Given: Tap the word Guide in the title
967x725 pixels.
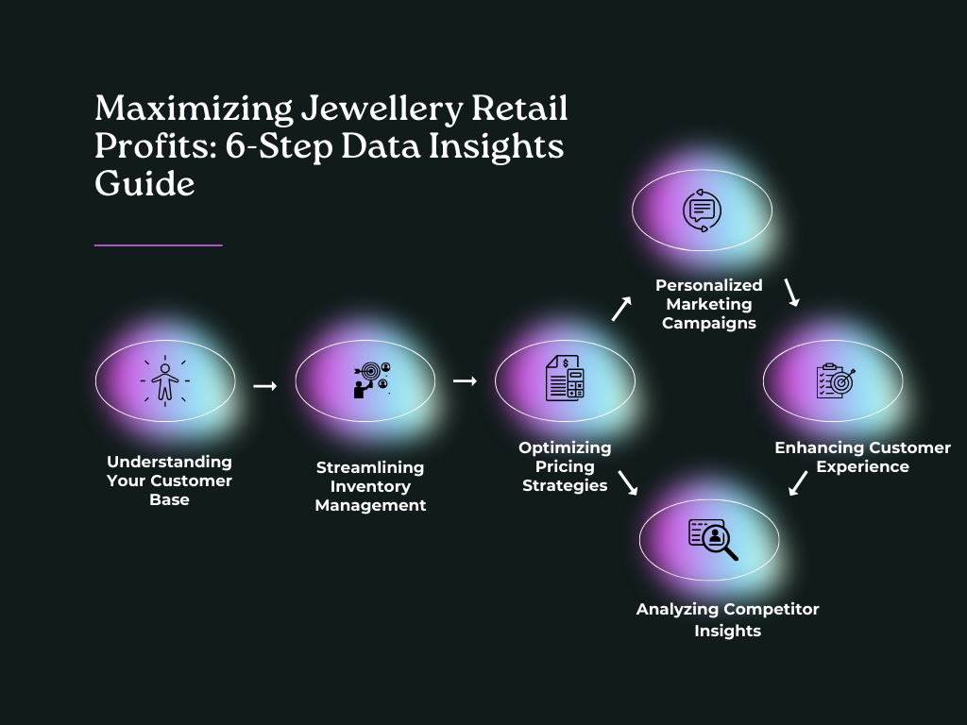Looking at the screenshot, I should tap(144, 183).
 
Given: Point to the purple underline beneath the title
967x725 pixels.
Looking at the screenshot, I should tap(159, 245).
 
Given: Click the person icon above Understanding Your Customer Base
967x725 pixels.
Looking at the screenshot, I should tap(165, 380).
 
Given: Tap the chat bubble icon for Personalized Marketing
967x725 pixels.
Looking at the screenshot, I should tap(702, 210).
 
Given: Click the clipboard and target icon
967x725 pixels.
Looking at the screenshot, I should tap(834, 380).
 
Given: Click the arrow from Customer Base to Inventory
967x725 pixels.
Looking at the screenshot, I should tap(265, 385).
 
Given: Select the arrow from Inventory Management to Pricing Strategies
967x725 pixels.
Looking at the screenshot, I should tap(465, 380).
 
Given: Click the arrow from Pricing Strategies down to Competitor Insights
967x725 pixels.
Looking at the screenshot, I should tap(627, 482).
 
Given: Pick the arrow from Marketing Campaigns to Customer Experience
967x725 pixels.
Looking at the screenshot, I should tap(791, 292).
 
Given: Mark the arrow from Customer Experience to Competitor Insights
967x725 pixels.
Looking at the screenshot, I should tap(798, 483).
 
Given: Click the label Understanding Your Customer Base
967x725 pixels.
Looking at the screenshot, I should tap(169, 481).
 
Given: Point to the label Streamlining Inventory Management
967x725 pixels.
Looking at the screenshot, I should tap(370, 486).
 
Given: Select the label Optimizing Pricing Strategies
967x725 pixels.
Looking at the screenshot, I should tap(565, 466).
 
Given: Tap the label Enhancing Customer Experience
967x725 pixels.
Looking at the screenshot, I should tap(862, 457).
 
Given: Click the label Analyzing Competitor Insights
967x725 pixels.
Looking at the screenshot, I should tap(727, 619).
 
